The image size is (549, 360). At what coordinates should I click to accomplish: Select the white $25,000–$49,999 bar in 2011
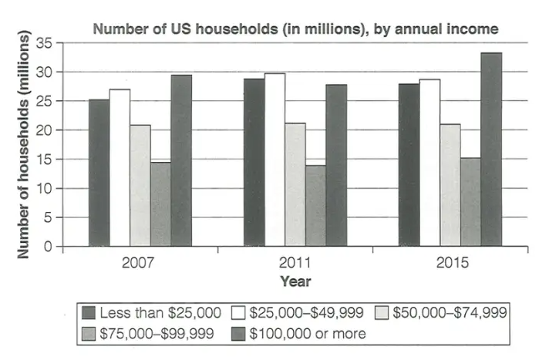tap(274, 160)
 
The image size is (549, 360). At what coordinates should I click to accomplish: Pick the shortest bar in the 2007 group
tap(160, 204)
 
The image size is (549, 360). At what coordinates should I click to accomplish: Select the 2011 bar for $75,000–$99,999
tap(315, 206)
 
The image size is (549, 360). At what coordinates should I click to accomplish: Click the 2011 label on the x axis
tap(295, 262)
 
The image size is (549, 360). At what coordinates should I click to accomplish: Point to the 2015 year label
tap(450, 262)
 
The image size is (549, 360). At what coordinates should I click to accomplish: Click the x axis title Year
tap(295, 281)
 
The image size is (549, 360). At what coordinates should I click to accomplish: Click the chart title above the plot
tap(295, 29)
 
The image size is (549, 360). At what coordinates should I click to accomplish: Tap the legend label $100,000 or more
tap(308, 334)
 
